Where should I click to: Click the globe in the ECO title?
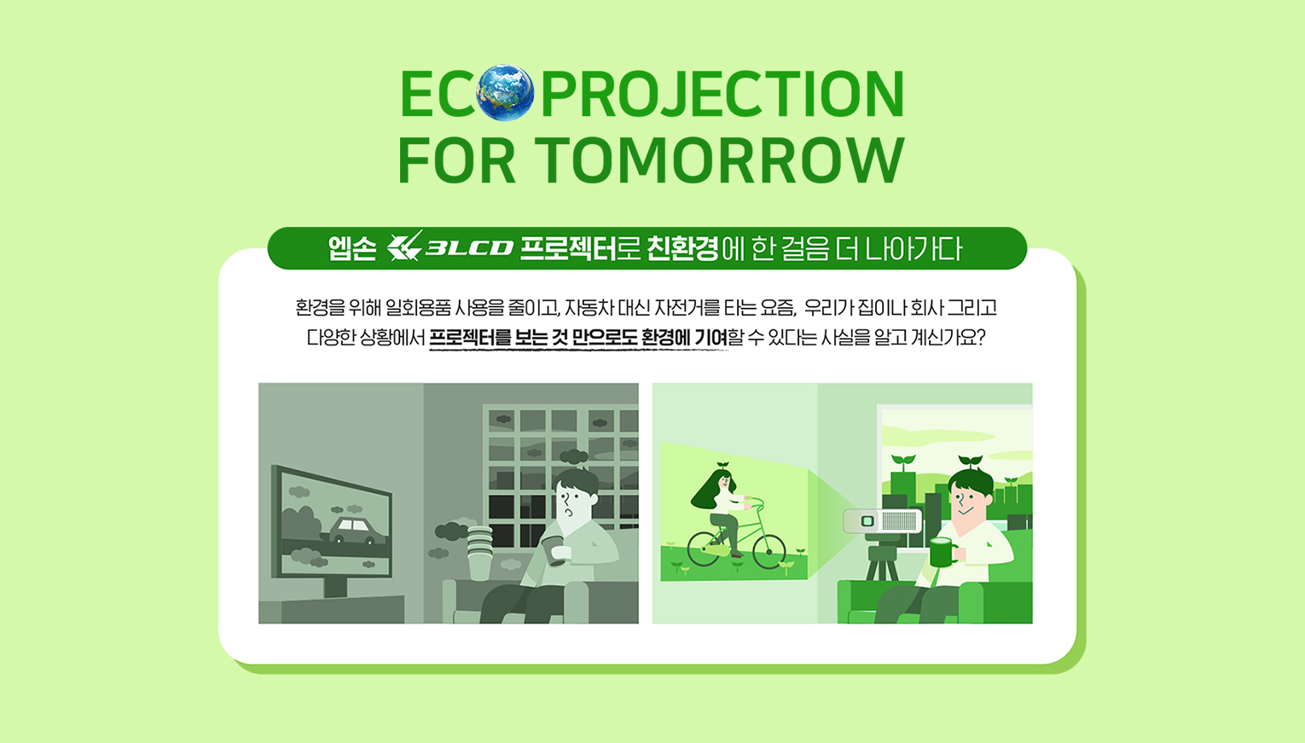[x=505, y=93]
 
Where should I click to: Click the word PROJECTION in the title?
[x=722, y=94]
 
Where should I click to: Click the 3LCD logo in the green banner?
[x=450, y=247]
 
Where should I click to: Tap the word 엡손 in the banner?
[x=352, y=249]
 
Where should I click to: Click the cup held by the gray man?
[x=553, y=550]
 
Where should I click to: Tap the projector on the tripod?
[x=883, y=520]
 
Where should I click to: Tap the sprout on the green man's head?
[x=971, y=461]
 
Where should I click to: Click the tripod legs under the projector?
[x=882, y=562]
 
